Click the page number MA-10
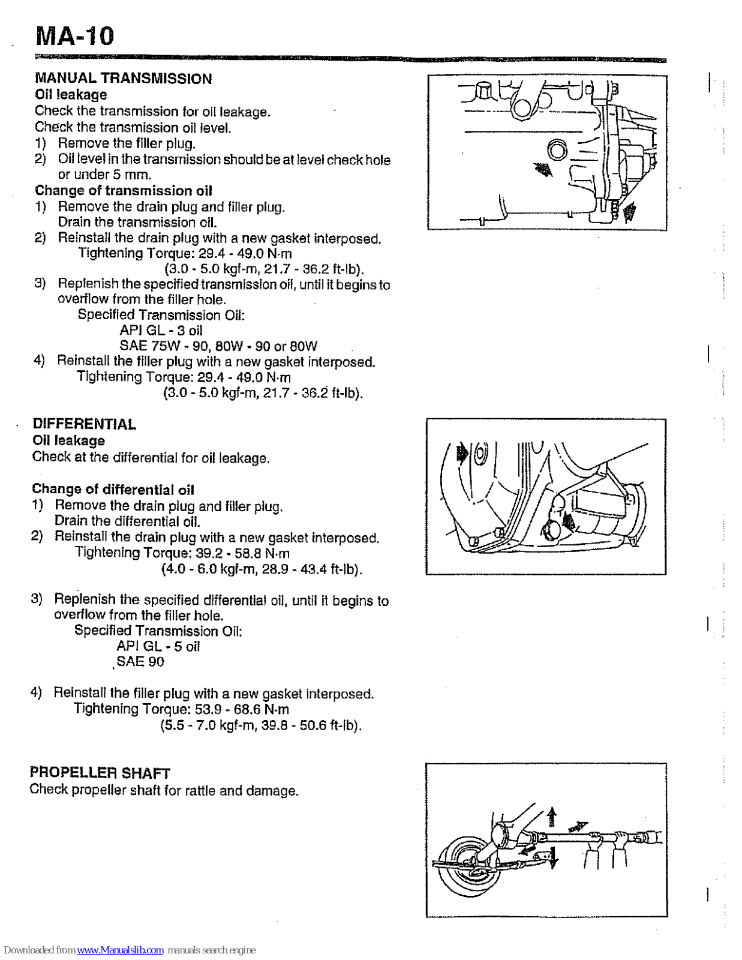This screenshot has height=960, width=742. [x=74, y=36]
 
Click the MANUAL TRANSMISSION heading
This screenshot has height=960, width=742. [x=123, y=79]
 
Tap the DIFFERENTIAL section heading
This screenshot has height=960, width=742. [x=84, y=424]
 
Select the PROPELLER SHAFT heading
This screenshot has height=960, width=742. [x=100, y=773]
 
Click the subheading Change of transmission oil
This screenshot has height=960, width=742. [x=123, y=191]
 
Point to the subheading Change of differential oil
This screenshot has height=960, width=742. [x=113, y=490]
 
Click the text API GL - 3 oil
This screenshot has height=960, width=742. [x=161, y=331]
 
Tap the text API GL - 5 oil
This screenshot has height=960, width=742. [x=158, y=646]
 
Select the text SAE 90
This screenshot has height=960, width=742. [x=140, y=662]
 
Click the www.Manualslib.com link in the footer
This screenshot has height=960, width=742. [x=120, y=950]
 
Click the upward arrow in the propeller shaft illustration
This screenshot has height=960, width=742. [x=552, y=816]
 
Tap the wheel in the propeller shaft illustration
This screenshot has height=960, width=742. [x=468, y=865]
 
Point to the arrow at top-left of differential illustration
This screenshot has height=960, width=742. [x=462, y=453]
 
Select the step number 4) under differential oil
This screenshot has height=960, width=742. [x=37, y=693]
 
